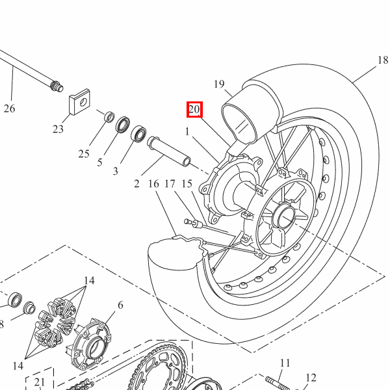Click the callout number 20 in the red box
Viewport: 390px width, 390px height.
coord(194,109)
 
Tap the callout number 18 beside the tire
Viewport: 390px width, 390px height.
coord(383,60)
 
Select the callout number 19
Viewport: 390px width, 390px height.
coord(219,84)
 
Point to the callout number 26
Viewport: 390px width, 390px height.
coord(10,109)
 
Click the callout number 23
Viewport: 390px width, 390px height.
coord(58,129)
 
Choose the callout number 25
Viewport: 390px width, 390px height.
coord(84,153)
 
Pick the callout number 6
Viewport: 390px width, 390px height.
coord(120,305)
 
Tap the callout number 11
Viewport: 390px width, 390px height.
coord(285,363)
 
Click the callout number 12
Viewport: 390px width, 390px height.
coord(311,378)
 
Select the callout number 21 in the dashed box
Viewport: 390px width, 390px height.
coord(40,382)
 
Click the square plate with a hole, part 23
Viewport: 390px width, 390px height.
coord(79,102)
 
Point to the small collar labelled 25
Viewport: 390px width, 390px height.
coord(109,117)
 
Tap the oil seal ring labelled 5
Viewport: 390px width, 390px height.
coord(122,125)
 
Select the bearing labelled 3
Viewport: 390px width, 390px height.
coord(138,134)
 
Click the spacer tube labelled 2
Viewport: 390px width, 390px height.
coord(169,151)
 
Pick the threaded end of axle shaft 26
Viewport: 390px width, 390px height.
coord(57,86)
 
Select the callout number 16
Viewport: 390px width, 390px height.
coord(153,184)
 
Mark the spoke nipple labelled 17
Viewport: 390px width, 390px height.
coord(193,223)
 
